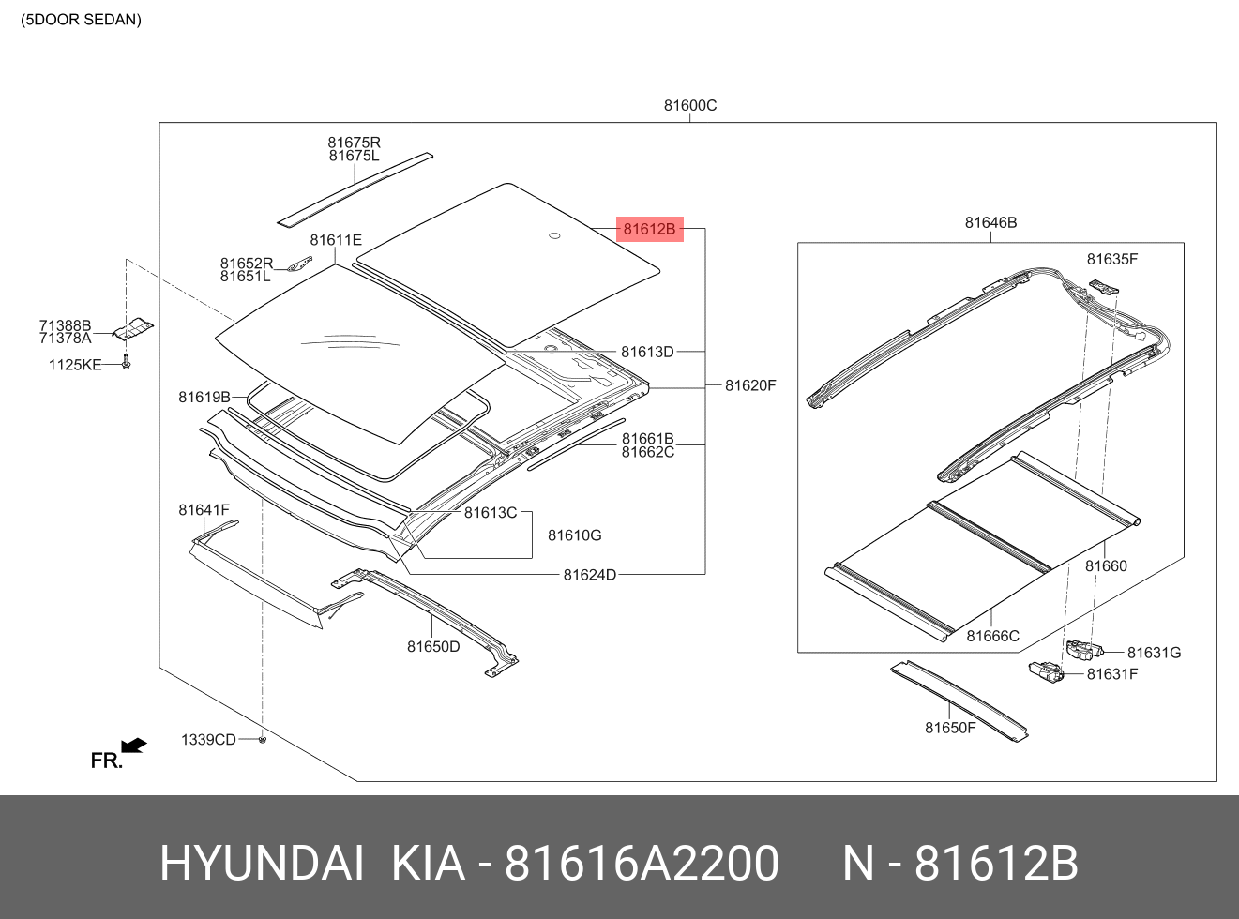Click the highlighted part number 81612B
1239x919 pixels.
click(649, 229)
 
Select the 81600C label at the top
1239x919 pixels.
click(689, 105)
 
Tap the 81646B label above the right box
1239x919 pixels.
click(990, 222)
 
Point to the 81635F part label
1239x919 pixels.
click(1111, 259)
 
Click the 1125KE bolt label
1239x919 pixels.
click(75, 365)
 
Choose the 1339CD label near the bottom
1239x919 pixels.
click(208, 740)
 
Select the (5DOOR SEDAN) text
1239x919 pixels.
click(82, 20)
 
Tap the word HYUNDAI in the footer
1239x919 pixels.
click(262, 863)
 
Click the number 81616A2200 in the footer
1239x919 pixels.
click(642, 863)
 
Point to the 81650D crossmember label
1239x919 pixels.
click(433, 646)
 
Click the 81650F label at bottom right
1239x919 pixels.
click(950, 728)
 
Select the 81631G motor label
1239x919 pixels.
click(1154, 653)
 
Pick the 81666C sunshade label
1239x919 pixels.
click(992, 636)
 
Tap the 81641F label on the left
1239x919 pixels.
click(204, 510)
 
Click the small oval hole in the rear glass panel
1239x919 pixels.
click(553, 235)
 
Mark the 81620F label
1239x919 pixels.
click(750, 385)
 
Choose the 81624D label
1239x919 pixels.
click(589, 575)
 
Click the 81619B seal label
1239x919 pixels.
click(204, 398)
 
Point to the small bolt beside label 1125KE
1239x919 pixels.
click(127, 361)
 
